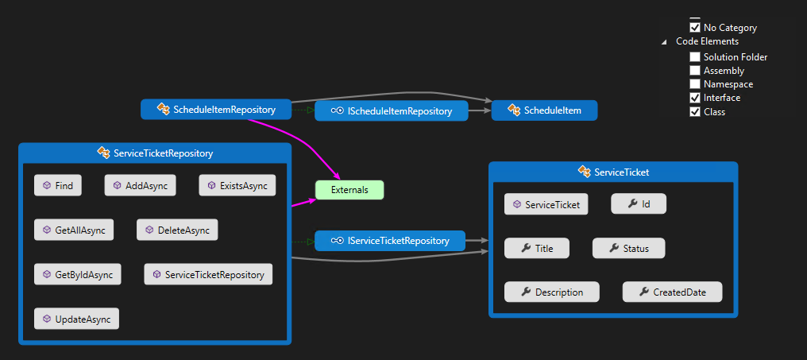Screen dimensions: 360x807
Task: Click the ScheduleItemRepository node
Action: pos(217,110)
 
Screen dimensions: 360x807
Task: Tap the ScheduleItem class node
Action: pos(544,110)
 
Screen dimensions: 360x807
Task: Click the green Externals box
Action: pos(349,190)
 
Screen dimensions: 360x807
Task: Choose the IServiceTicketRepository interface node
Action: pos(390,240)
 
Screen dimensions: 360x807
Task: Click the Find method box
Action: pos(57,185)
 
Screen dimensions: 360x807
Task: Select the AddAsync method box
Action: pos(141,185)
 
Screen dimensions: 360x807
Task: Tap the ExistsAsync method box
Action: pos(237,185)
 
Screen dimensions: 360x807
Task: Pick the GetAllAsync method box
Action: pos(74,230)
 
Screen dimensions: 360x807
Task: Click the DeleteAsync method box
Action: pos(176,230)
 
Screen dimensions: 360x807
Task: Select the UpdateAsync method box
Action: pos(76,319)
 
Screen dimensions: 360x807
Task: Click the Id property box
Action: pos(638,204)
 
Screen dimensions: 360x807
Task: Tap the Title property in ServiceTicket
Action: pos(536,248)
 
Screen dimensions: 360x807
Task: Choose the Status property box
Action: pos(628,248)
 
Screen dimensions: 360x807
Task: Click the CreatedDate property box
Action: pos(672,292)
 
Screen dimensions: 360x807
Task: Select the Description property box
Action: pos(551,292)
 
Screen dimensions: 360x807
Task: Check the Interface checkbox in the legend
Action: pos(695,98)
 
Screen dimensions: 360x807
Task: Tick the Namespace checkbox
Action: pos(695,84)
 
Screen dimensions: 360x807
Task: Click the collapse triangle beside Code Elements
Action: pos(664,42)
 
